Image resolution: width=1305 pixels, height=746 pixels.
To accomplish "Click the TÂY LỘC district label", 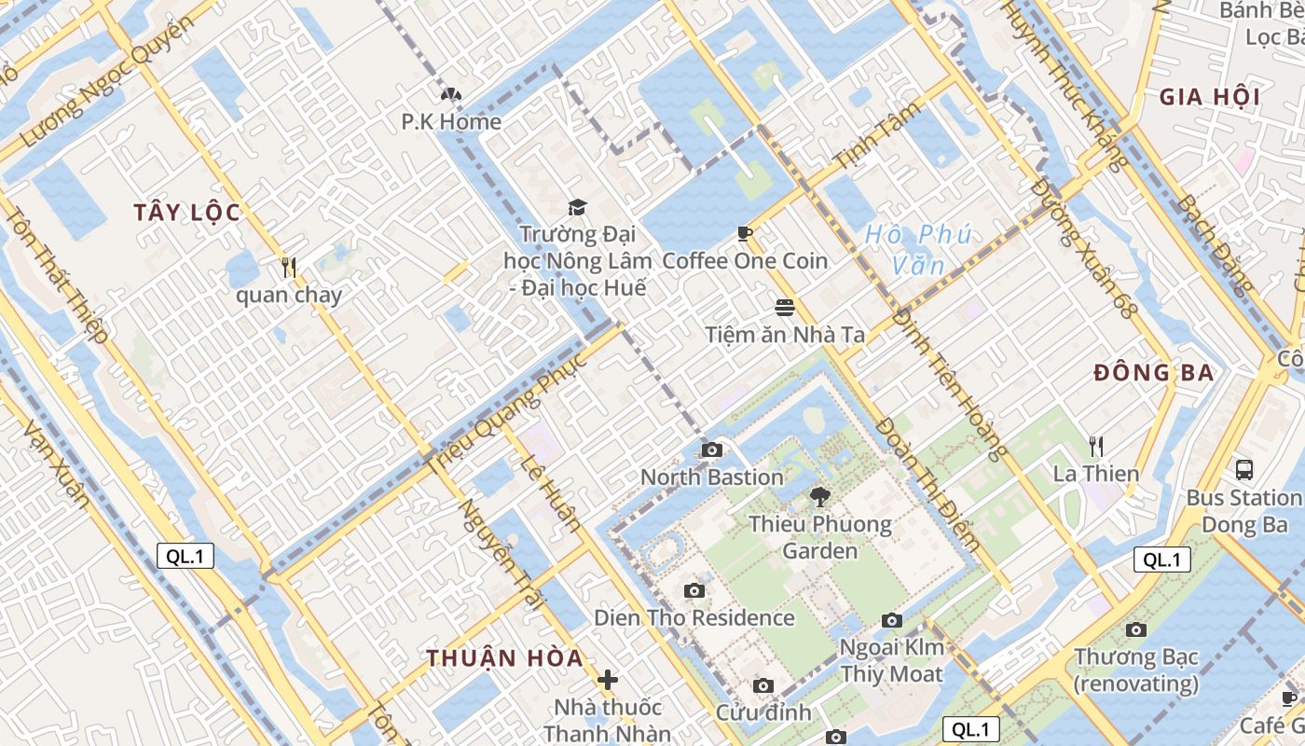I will click(186, 213).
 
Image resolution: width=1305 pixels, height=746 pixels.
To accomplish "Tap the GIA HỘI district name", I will click(1209, 97).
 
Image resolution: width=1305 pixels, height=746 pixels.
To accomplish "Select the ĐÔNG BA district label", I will click(1153, 373).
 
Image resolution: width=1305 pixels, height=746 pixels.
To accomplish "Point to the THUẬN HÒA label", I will click(504, 657).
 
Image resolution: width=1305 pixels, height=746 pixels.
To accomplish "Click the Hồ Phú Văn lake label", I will click(918, 250).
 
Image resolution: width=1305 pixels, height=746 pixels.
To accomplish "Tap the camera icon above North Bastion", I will click(712, 449).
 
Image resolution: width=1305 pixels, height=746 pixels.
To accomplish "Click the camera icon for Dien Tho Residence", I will click(694, 590).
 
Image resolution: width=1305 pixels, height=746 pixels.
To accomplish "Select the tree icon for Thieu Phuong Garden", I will click(820, 496).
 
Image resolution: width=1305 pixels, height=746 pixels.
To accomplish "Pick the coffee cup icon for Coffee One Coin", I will click(744, 232).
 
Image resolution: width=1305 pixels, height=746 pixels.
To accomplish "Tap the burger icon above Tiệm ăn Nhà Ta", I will click(785, 307).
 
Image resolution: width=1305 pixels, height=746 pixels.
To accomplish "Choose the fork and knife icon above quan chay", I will click(288, 268).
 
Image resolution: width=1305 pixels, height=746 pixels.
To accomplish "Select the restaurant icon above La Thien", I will click(1096, 446).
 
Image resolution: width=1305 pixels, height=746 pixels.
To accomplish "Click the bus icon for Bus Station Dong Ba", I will click(1243, 469).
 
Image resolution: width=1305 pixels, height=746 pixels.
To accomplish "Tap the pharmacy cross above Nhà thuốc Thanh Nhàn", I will click(608, 680).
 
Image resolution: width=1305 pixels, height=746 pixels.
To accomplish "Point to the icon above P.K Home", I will click(451, 94).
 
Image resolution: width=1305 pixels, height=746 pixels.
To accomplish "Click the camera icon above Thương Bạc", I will click(1135, 629).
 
